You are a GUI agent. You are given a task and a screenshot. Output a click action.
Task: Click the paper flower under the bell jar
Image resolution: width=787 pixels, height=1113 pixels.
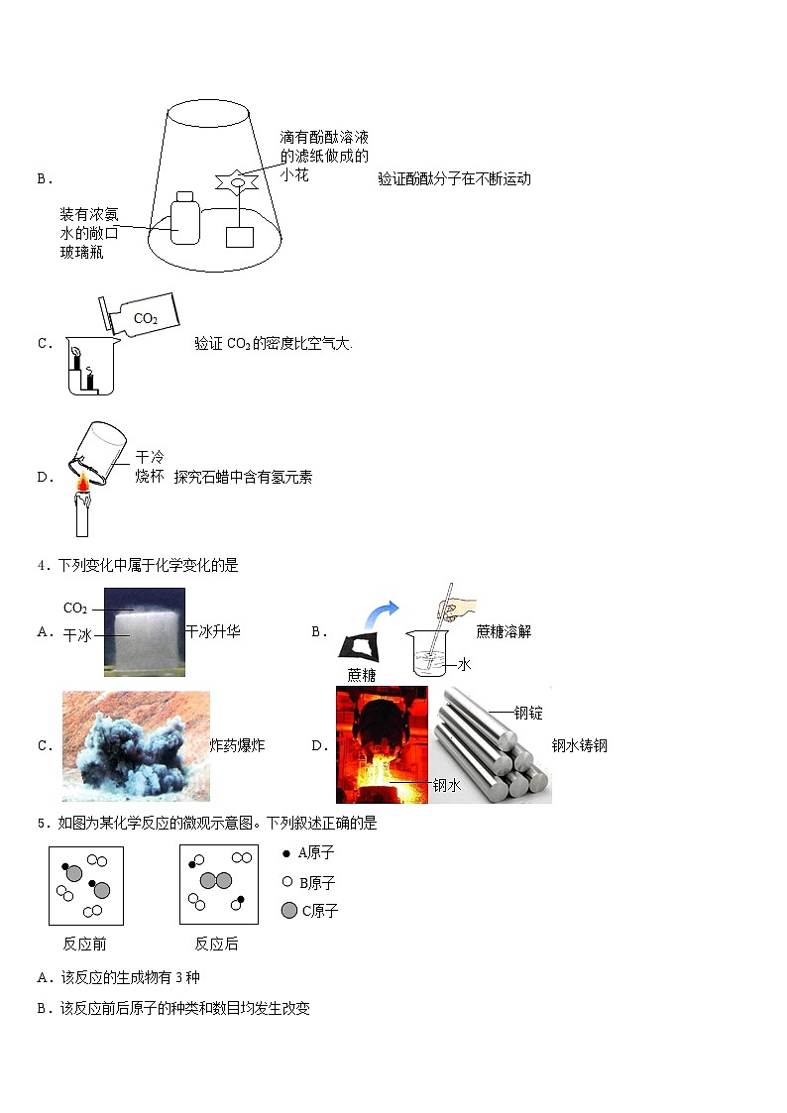pyautogui.click(x=238, y=181)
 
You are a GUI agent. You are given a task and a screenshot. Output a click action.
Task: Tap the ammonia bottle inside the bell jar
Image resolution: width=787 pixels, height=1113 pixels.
pyautogui.click(x=185, y=217)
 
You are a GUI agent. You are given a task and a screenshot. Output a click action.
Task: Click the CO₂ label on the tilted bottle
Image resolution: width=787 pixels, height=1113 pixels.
pyautogui.click(x=146, y=319)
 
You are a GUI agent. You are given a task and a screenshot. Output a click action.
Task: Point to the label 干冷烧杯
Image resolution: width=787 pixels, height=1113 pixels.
pyautogui.click(x=149, y=467)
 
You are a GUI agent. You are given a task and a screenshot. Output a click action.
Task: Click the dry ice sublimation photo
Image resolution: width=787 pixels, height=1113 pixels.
pyautogui.click(x=144, y=632)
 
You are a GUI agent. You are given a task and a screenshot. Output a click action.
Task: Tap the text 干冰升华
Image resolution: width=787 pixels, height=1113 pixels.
pyautogui.click(x=213, y=631)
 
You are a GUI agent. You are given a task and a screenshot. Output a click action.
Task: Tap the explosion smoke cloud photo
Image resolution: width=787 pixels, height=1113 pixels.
pyautogui.click(x=136, y=746)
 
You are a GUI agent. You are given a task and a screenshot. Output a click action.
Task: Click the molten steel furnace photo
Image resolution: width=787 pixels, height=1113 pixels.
pyautogui.click(x=382, y=744)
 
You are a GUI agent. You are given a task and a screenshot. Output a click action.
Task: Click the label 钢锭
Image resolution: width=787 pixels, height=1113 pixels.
pyautogui.click(x=529, y=713)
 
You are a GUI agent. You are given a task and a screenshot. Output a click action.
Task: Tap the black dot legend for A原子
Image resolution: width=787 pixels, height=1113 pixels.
pyautogui.click(x=287, y=853)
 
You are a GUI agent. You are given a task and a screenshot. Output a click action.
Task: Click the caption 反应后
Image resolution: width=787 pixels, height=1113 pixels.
pyautogui.click(x=216, y=944)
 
